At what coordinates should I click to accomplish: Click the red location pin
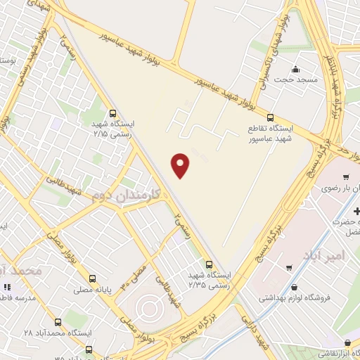[181, 165]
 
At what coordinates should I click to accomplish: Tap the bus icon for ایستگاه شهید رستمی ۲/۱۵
[113, 112]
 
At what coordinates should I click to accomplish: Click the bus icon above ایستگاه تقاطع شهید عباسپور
[271, 118]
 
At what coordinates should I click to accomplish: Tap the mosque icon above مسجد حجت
[295, 69]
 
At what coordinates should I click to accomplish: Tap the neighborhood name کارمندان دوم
[127, 194]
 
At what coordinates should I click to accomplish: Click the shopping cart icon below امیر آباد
[290, 267]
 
